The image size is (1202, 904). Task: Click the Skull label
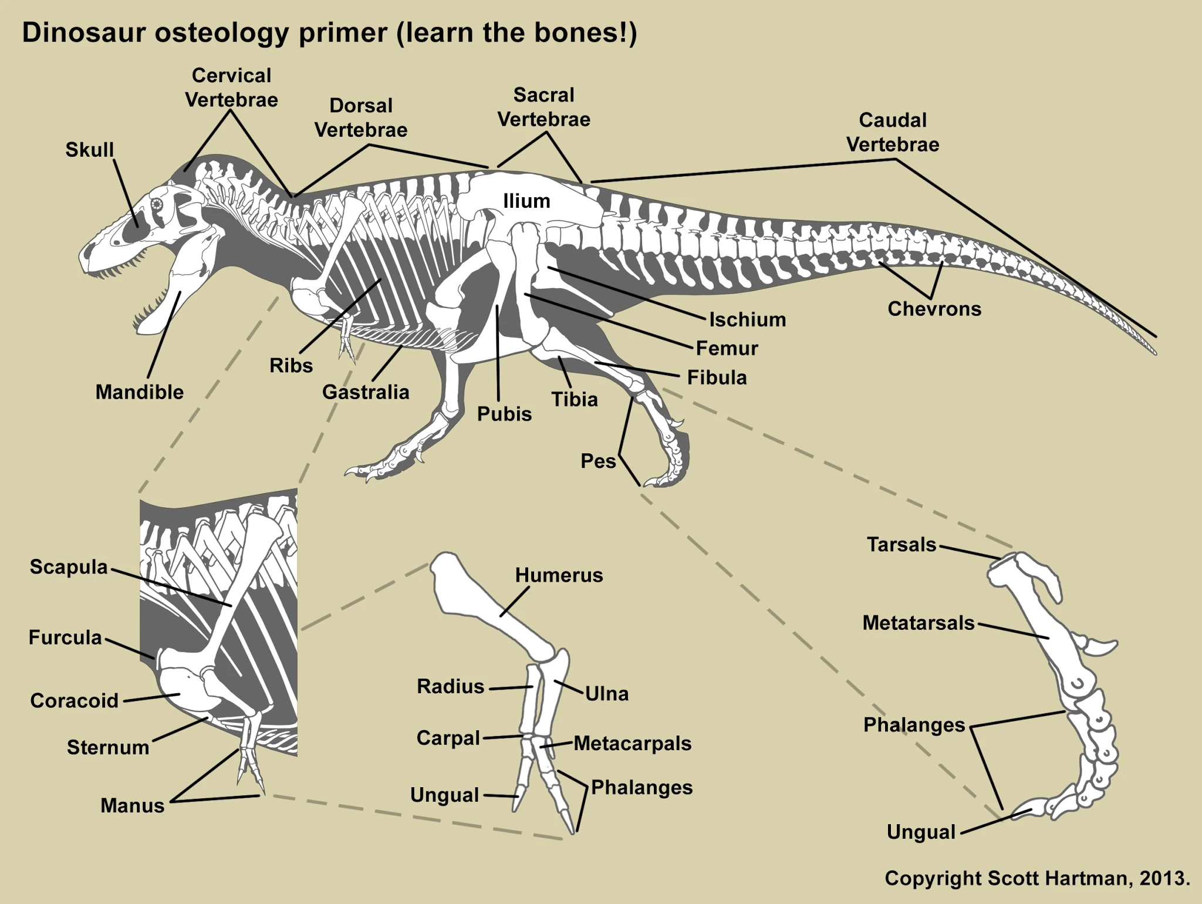[89, 150]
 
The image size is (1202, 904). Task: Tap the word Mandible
[139, 392]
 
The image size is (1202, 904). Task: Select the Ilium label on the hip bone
[526, 201]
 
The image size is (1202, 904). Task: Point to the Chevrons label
[934, 309]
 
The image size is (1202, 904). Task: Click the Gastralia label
[365, 392]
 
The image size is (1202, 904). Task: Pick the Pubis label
[504, 414]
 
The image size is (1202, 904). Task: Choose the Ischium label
[747, 319]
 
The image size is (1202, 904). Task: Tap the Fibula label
[717, 377]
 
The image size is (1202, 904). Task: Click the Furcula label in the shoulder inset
[65, 637]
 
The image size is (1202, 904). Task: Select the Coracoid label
[74, 700]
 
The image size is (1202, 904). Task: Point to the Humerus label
[559, 575]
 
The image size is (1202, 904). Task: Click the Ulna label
[607, 694]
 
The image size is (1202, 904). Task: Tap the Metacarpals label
[632, 744]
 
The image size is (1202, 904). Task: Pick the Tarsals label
[901, 545]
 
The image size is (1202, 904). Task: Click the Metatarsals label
[918, 623]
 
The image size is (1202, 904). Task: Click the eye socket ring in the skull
[158, 204]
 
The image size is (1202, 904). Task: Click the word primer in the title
[343, 33]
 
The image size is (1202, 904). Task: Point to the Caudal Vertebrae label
[892, 132]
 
